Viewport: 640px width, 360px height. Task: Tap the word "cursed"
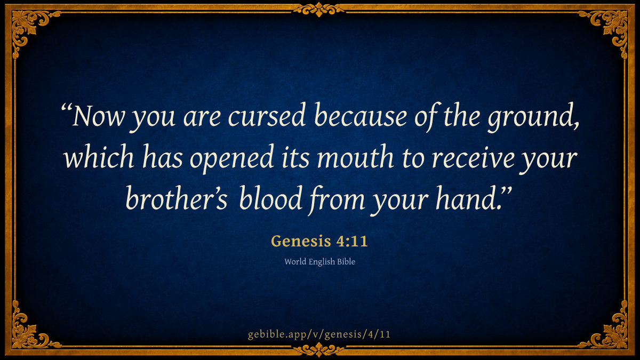point(267,115)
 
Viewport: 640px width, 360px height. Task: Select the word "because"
point(361,115)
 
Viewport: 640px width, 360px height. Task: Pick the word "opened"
point(231,159)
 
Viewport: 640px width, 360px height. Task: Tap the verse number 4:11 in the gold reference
point(351,241)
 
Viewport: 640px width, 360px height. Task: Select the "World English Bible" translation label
point(319,262)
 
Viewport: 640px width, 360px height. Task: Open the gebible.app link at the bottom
point(319,334)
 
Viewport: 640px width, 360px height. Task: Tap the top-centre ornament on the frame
point(319,10)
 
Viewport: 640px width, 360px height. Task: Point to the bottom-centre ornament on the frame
point(319,350)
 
